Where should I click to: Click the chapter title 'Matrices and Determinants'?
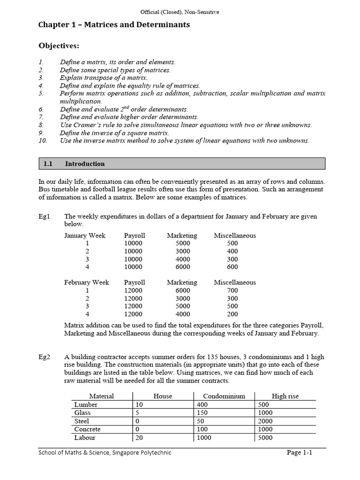(x=114, y=25)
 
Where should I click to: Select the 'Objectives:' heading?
(x=59, y=45)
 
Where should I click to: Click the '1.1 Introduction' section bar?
(x=181, y=164)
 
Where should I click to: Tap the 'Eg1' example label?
(x=45, y=217)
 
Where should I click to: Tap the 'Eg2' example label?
(x=45, y=357)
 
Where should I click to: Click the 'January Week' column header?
(x=85, y=235)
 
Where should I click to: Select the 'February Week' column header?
(x=87, y=282)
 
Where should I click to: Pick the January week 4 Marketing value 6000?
(x=182, y=267)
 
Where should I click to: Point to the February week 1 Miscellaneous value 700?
(x=232, y=290)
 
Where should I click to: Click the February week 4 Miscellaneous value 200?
(x=232, y=314)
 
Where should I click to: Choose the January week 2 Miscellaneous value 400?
(x=232, y=251)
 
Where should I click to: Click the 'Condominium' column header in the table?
(x=224, y=396)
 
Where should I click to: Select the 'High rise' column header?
(x=285, y=396)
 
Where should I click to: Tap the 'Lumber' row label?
(x=86, y=405)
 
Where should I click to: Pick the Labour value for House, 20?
(x=139, y=437)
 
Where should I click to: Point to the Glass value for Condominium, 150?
(x=203, y=412)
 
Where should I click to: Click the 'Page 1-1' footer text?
(x=306, y=452)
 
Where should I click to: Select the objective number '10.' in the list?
(x=43, y=141)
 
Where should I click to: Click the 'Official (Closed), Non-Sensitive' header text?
(x=180, y=12)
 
